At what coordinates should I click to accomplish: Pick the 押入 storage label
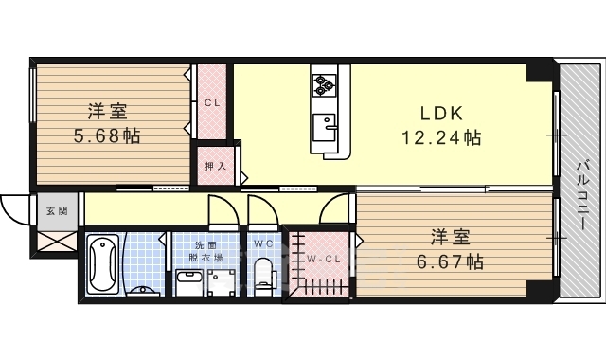click(x=216, y=165)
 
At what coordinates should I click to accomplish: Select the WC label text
click(x=263, y=243)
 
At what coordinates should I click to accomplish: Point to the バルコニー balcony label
click(x=579, y=199)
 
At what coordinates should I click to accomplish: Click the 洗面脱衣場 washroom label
click(x=204, y=249)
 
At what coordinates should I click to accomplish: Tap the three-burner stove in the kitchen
click(x=324, y=86)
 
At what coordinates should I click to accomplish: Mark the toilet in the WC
click(x=264, y=274)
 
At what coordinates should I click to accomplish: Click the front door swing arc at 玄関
click(x=16, y=209)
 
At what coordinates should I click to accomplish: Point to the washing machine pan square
click(x=224, y=279)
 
